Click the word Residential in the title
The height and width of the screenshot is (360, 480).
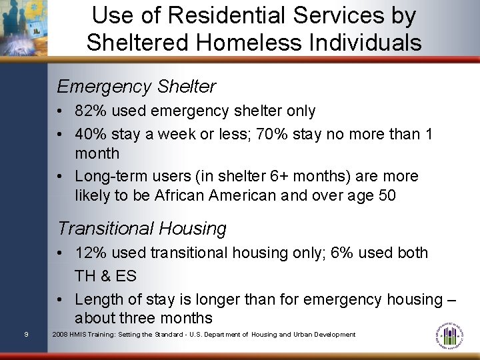coord(207,15)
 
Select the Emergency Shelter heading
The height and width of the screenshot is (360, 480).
coord(137,87)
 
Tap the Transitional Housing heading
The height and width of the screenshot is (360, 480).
coord(142,229)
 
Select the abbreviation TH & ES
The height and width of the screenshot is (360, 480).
coord(106,276)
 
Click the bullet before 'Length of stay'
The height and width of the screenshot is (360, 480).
coord(61,300)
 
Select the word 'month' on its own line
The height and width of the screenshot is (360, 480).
coord(97,153)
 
